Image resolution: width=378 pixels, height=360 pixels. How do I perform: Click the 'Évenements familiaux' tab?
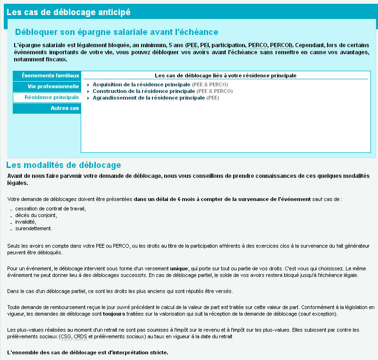(50, 75)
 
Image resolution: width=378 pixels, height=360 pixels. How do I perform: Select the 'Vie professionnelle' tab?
(53, 87)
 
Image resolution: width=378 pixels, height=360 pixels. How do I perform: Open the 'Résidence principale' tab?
(52, 97)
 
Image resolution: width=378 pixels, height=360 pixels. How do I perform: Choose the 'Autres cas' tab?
(65, 109)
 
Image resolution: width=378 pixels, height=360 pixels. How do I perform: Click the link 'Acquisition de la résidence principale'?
(141, 84)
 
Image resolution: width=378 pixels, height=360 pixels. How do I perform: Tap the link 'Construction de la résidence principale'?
(143, 91)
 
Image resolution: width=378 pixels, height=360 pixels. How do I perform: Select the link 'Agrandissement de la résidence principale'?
(149, 98)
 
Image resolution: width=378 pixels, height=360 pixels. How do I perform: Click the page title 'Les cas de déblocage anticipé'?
(68, 12)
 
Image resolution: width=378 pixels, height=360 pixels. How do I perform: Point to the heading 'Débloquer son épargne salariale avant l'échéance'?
(117, 32)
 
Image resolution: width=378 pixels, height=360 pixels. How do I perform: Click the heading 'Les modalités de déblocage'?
(64, 165)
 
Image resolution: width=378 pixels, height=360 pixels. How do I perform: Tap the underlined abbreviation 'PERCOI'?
(281, 45)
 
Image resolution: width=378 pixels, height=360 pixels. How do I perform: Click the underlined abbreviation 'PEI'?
(205, 45)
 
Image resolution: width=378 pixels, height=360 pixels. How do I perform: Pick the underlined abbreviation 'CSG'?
(66, 336)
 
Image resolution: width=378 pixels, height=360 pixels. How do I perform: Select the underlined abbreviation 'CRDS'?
(81, 336)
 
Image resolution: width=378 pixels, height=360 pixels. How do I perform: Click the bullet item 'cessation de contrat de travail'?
(50, 209)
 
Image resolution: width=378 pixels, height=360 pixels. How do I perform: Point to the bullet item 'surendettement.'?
(34, 228)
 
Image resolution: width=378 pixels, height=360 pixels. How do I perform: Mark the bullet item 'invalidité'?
(25, 222)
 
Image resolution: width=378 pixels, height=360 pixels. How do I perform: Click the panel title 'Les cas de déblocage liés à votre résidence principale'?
(225, 75)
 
